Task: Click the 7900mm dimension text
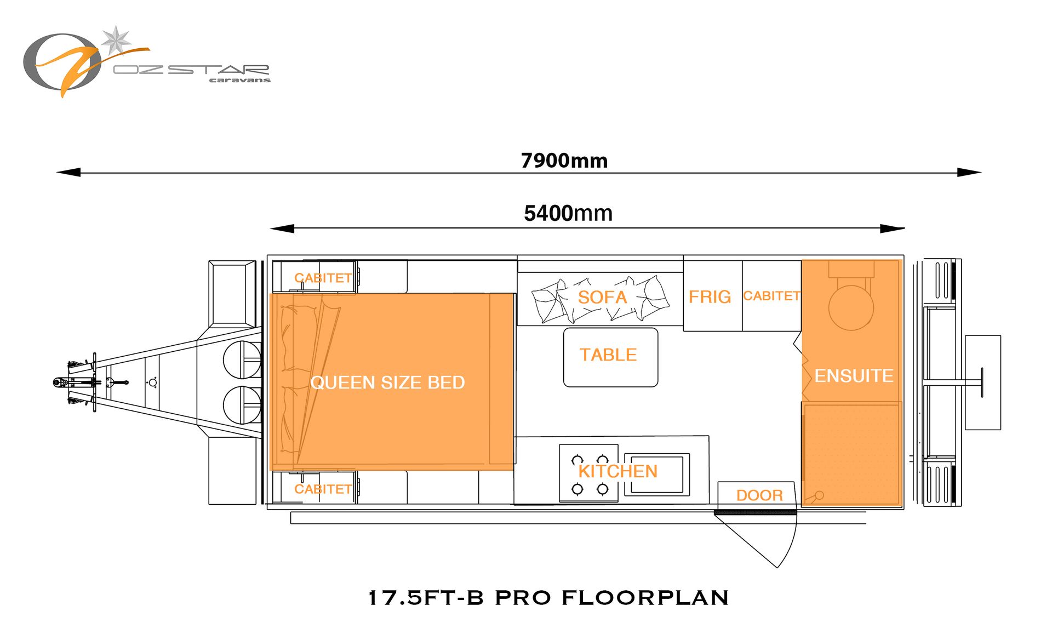click(564, 161)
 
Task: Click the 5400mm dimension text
click(568, 213)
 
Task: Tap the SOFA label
click(602, 297)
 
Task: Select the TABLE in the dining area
click(610, 357)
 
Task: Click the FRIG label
click(710, 296)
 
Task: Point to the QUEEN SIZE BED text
click(387, 382)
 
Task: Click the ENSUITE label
click(854, 375)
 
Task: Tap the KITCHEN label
click(618, 471)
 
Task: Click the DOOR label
click(759, 495)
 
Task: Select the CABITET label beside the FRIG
click(771, 296)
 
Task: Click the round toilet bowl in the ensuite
click(851, 307)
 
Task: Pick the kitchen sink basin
click(656, 475)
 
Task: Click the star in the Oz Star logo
click(116, 40)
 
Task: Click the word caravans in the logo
click(239, 80)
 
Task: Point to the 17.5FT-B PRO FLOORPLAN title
click(548, 597)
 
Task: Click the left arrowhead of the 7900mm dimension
click(68, 172)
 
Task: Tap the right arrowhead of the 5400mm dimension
click(892, 229)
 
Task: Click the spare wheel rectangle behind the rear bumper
click(983, 382)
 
